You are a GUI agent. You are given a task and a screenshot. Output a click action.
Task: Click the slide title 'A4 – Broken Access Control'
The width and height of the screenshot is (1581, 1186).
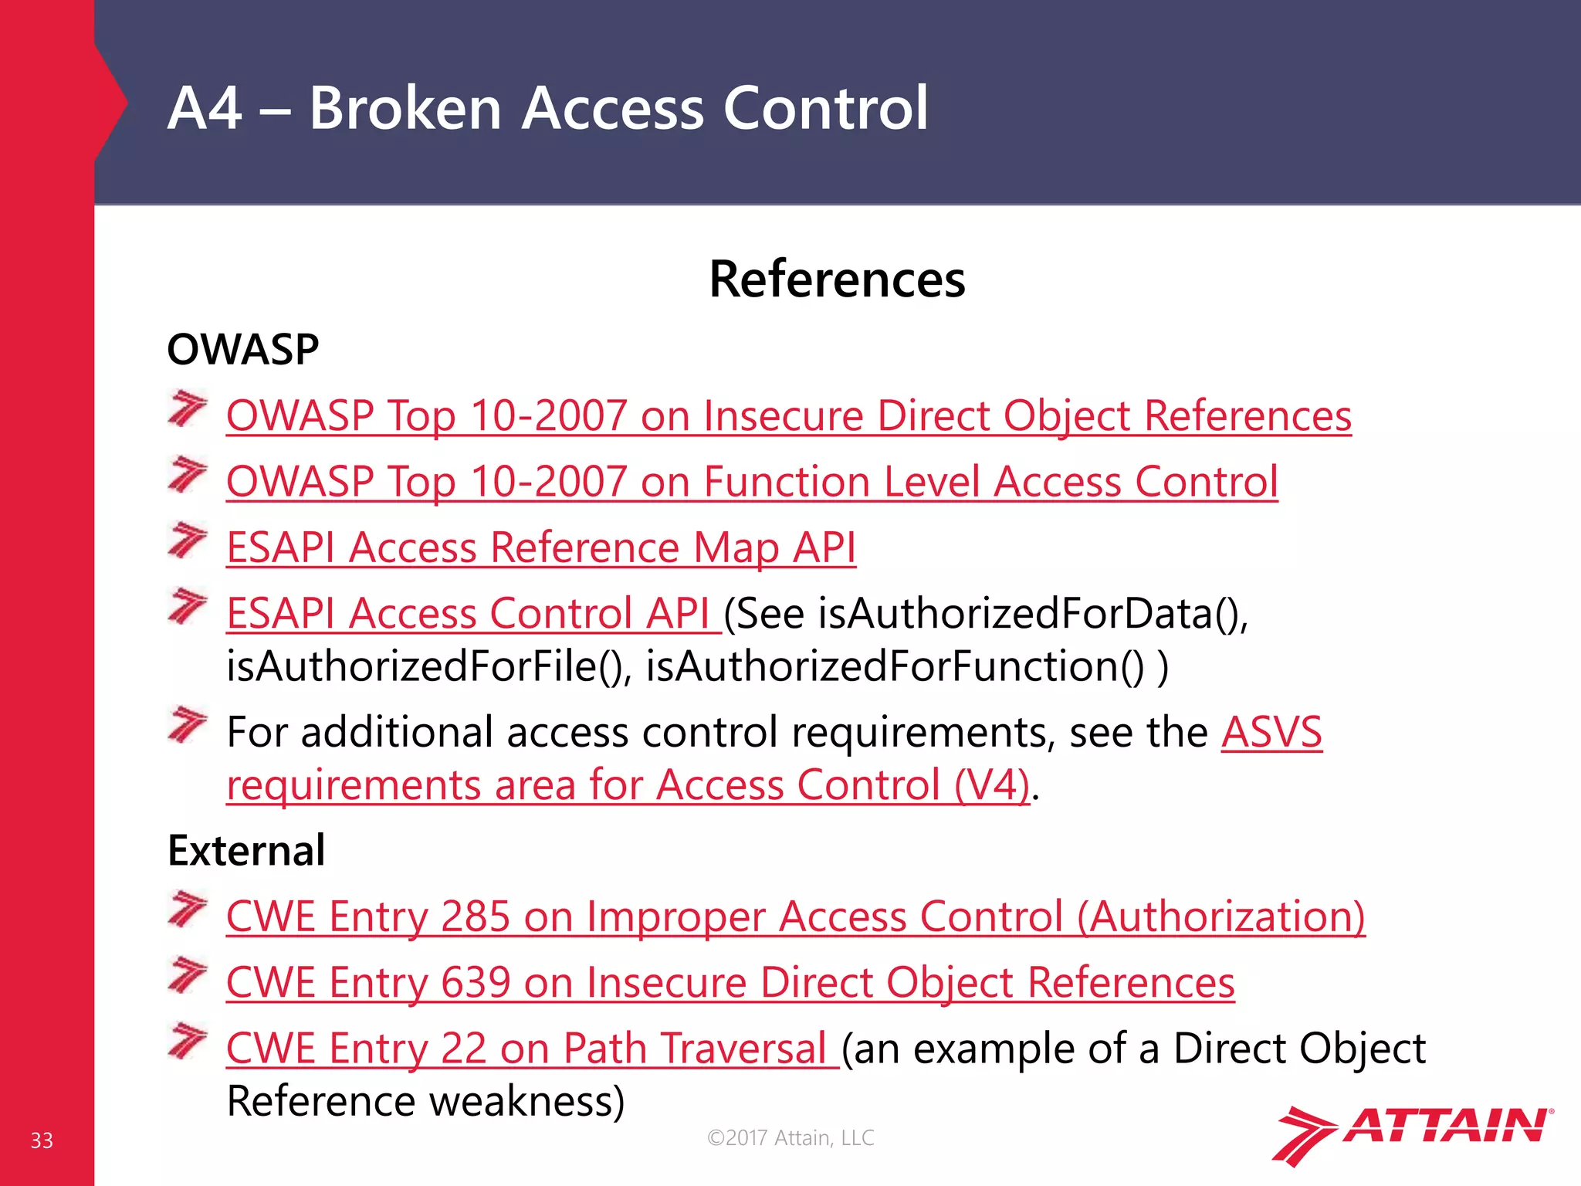(x=547, y=107)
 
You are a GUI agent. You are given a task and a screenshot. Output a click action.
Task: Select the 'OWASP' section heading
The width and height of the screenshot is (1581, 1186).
(x=243, y=350)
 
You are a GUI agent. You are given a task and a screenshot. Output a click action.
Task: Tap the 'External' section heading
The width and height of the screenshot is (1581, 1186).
(x=246, y=851)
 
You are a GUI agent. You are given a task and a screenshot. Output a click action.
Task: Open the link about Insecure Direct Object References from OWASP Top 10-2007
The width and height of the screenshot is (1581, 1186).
(x=788, y=416)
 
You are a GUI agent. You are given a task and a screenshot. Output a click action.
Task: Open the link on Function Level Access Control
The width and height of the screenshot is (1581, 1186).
(x=752, y=482)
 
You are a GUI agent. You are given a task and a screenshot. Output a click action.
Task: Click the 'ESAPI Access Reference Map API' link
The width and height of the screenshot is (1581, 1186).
(x=541, y=548)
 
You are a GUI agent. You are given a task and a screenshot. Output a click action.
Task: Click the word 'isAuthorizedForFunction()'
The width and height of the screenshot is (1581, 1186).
(x=895, y=666)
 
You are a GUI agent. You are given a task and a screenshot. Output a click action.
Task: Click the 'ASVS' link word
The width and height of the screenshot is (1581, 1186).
(x=1271, y=732)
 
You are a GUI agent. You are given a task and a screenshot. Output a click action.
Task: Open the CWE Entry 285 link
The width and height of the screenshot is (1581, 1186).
(x=795, y=917)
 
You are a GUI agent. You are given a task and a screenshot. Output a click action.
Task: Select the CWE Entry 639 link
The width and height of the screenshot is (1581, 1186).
(x=730, y=983)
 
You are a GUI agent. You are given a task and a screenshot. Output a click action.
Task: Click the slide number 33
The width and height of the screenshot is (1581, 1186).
(x=42, y=1140)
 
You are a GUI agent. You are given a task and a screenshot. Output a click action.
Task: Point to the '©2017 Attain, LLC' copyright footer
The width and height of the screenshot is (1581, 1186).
(x=790, y=1137)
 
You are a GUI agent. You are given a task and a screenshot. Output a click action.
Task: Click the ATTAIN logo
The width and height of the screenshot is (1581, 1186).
(x=1412, y=1133)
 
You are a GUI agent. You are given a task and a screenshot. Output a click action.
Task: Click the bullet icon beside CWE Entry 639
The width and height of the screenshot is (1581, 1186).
(x=188, y=975)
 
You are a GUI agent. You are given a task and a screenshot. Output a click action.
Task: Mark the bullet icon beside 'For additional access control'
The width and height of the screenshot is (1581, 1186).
(x=188, y=724)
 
